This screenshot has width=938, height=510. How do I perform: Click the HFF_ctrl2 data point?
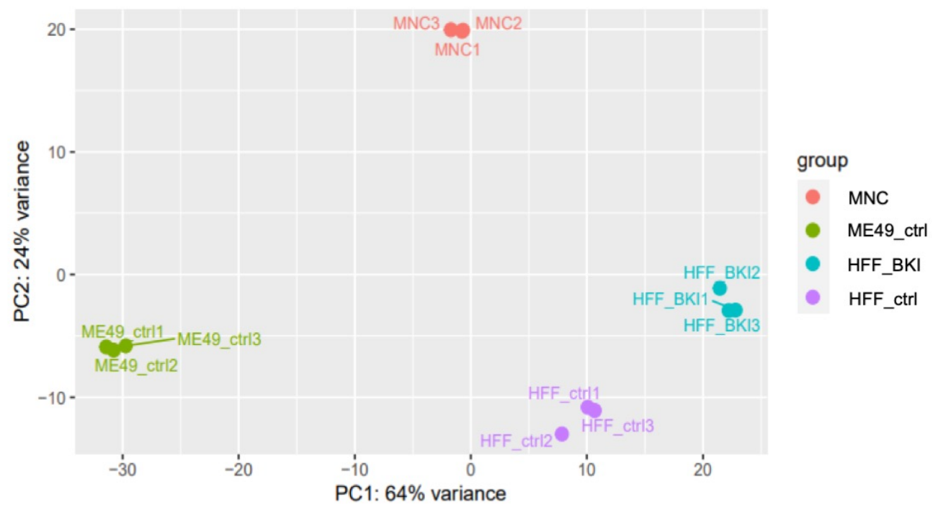(561, 434)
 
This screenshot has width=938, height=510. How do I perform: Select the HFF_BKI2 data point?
(720, 288)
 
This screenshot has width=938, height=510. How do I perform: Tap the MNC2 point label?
(499, 24)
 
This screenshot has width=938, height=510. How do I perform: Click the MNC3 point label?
(416, 24)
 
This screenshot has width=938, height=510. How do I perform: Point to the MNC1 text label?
(457, 50)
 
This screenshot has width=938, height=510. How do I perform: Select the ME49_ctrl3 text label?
(219, 339)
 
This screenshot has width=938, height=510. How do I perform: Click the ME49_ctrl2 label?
(136, 365)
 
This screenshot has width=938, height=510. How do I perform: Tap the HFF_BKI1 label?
(670, 299)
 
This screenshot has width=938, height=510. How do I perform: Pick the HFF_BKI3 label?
(721, 326)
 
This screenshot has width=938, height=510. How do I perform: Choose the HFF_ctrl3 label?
(617, 426)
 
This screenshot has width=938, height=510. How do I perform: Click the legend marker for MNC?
(813, 197)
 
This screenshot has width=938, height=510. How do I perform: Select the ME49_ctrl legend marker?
(813, 231)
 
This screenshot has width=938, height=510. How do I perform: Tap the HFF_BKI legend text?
(884, 265)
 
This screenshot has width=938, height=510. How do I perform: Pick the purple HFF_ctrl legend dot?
(813, 297)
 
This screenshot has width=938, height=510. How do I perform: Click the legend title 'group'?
(823, 161)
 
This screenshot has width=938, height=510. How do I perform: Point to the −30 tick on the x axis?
(122, 470)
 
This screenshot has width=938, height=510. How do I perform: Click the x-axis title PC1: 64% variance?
(421, 493)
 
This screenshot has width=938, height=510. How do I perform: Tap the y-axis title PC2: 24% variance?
(22, 231)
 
